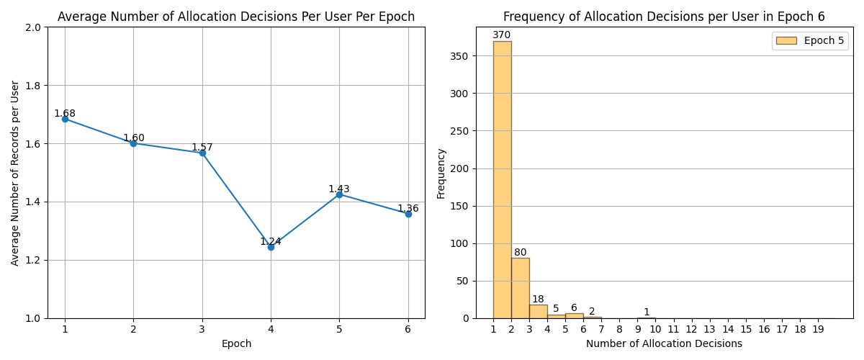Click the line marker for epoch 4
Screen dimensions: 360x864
tap(271, 247)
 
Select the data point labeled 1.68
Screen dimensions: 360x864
tap(65, 119)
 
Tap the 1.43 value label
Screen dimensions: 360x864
tap(339, 189)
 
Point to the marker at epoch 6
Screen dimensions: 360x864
tap(408, 214)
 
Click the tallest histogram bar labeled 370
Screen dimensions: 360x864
tap(502, 180)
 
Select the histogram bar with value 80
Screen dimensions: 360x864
tap(520, 288)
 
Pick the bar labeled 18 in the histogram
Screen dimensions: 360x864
tap(538, 311)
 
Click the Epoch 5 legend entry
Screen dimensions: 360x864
tap(810, 41)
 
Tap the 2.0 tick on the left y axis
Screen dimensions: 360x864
tap(34, 27)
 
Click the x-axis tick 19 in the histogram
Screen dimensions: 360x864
tap(818, 330)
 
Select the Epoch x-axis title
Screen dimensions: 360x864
tap(236, 344)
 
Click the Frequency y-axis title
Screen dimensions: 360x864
tap(441, 174)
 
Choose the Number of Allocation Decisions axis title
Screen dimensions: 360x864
tap(664, 344)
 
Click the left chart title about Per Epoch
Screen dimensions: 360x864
tap(236, 17)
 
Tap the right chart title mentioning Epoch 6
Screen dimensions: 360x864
tap(664, 17)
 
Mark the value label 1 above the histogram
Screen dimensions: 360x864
tap(647, 312)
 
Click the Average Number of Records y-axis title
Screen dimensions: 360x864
tap(15, 173)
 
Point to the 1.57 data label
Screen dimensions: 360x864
tap(202, 148)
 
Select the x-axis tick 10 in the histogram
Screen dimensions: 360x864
tap(655, 330)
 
